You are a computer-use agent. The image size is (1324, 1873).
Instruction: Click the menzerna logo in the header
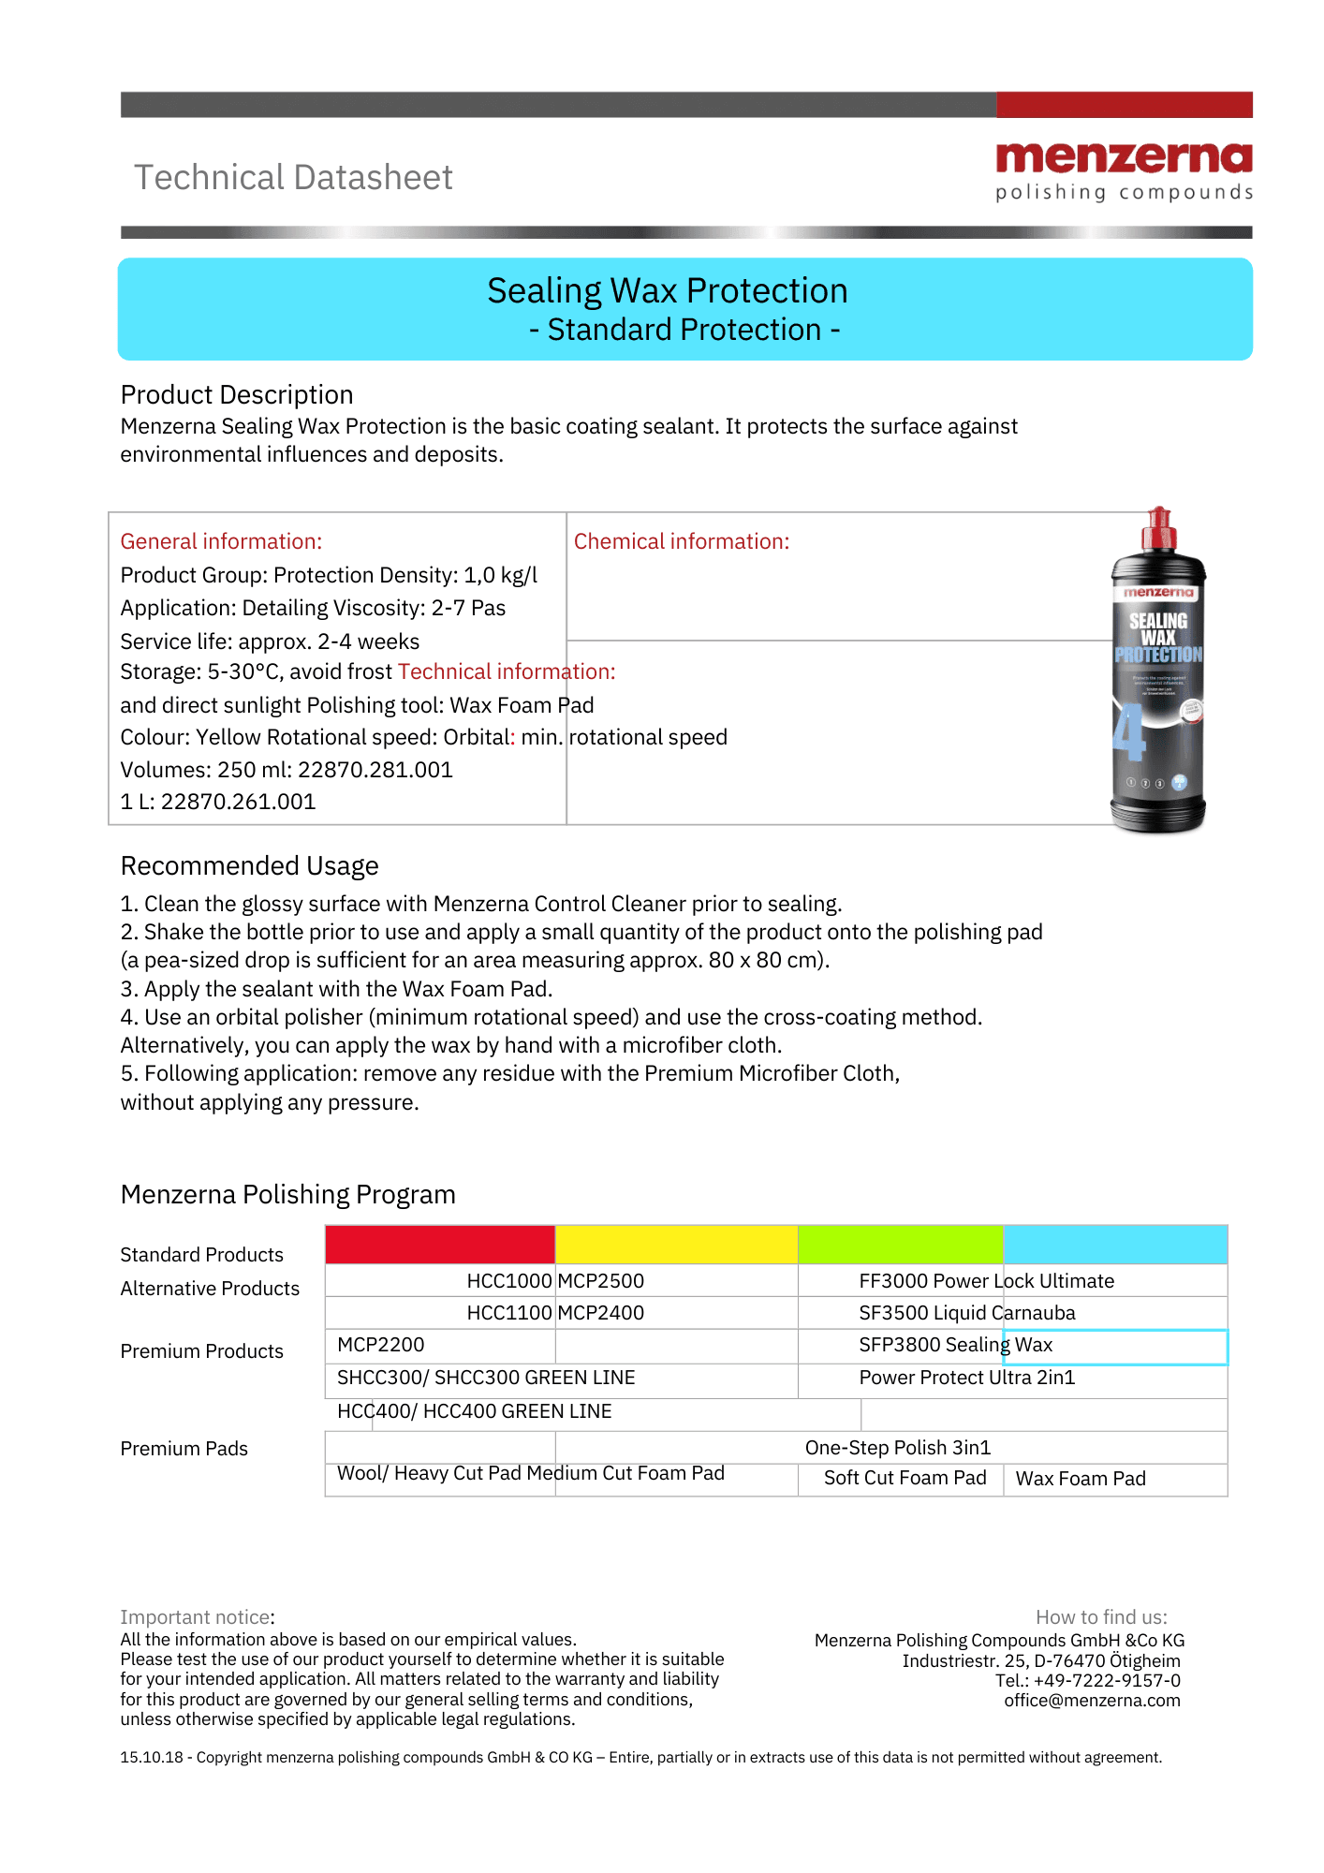[x=1124, y=170]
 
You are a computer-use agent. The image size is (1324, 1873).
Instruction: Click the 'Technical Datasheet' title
[x=293, y=177]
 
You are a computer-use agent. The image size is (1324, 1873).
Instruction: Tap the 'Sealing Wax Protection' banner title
[x=667, y=291]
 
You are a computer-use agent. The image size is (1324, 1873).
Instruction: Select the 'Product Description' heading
[x=237, y=394]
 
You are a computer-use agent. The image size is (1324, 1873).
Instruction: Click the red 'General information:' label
[x=221, y=541]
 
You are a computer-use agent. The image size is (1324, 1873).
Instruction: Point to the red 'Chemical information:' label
[x=681, y=541]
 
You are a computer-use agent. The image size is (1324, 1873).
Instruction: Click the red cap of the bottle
[x=1158, y=529]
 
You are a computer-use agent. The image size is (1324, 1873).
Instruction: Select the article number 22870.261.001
[x=238, y=802]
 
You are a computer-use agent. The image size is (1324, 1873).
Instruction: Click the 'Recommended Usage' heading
[x=249, y=865]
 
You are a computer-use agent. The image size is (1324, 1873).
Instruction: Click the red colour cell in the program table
[x=440, y=1245]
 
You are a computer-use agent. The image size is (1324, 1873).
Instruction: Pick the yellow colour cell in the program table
[x=676, y=1245]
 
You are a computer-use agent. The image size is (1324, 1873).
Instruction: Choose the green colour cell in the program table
[x=900, y=1245]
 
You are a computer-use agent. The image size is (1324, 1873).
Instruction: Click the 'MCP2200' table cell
[x=380, y=1345]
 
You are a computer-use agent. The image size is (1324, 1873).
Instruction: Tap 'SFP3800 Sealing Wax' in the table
[x=955, y=1345]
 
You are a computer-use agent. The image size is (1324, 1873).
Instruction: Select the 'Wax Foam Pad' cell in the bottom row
[x=1081, y=1479]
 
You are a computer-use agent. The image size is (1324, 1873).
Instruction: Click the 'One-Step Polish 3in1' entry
[x=897, y=1448]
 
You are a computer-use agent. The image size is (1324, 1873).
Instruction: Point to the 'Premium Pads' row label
[x=184, y=1449]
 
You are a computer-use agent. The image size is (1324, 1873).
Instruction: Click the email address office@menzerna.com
[x=1092, y=1701]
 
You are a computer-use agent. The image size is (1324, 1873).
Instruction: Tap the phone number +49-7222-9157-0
[x=1107, y=1681]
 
